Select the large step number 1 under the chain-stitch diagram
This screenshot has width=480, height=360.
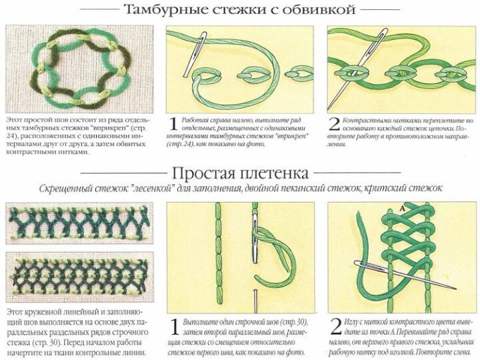point(173,124)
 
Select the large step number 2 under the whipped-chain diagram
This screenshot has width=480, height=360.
point(334,124)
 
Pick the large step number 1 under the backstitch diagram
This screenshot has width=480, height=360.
point(174,327)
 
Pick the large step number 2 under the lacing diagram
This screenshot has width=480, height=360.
point(336,327)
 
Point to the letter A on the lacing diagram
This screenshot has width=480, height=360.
point(402,209)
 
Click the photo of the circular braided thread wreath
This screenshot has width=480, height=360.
point(79,69)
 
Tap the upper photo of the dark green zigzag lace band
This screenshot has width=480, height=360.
point(79,223)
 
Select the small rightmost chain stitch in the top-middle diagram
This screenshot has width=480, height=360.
point(299,73)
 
